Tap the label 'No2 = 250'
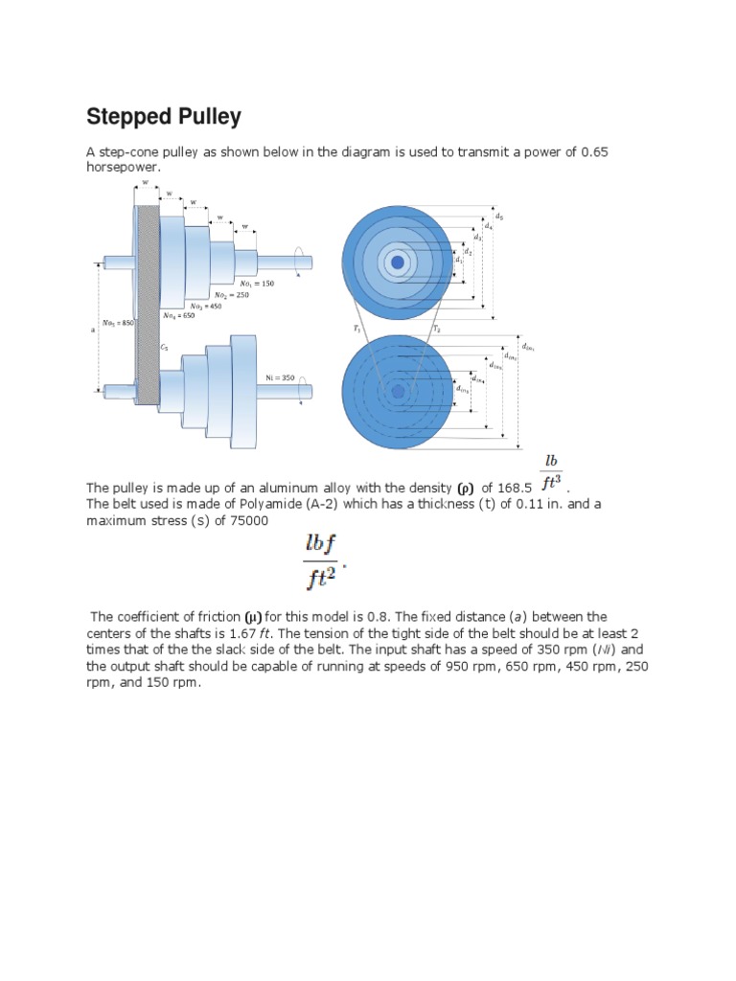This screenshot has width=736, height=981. (x=232, y=295)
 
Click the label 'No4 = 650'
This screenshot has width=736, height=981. (x=178, y=314)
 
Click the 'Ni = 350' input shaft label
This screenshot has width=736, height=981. (x=282, y=377)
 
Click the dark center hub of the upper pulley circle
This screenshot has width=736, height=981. (x=397, y=261)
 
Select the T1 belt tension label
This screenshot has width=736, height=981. (x=356, y=328)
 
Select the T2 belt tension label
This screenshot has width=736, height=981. (x=437, y=328)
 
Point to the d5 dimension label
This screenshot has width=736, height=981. (x=498, y=217)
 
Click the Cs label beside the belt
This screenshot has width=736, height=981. (x=164, y=348)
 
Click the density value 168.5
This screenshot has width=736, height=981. (x=514, y=488)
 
